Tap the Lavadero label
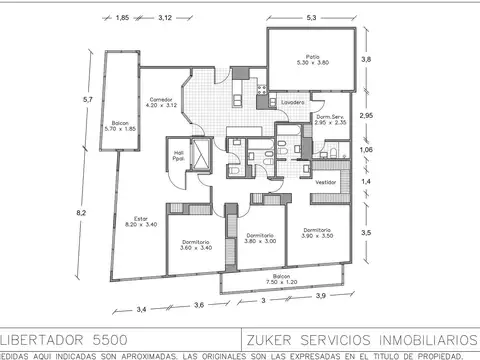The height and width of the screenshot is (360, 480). tap(293, 103)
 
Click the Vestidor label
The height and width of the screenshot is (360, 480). tap(325, 183)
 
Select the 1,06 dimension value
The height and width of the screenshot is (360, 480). tap(366, 150)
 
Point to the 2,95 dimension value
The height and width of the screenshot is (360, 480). tap(367, 115)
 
